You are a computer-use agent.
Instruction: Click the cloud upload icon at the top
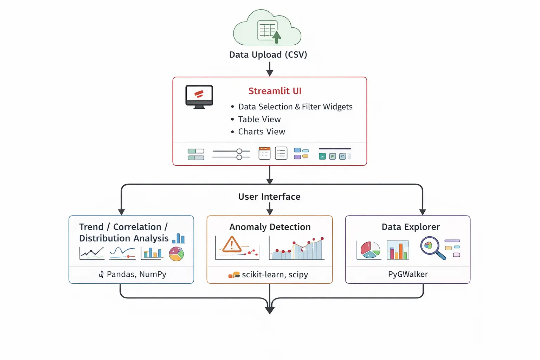coord(267,28)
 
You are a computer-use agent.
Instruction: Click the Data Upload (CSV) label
coord(268,55)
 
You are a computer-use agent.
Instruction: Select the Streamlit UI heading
coord(275,91)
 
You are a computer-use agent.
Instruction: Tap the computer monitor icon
coord(199,96)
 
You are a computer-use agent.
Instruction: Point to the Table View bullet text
coord(259,120)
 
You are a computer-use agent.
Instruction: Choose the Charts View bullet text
coord(262,132)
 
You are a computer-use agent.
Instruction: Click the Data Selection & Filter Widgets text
coord(295,107)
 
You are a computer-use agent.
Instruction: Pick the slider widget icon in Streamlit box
coord(231,154)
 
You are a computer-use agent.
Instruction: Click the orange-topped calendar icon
coord(264,153)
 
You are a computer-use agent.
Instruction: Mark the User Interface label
coord(269,197)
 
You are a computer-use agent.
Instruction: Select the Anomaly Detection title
coord(270,227)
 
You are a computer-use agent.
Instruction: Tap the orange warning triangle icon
coord(232,245)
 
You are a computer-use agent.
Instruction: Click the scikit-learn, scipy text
coord(275,275)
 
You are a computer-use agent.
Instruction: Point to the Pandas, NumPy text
coord(136,274)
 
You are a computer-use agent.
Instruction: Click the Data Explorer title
coord(411,227)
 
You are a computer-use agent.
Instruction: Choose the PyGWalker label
coord(408,274)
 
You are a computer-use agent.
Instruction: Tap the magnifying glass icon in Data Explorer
coord(432,247)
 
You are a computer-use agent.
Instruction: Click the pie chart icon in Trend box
coord(176,254)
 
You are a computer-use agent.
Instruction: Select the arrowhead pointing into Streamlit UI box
coord(270,73)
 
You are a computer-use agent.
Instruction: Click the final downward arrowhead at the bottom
coord(270,310)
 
